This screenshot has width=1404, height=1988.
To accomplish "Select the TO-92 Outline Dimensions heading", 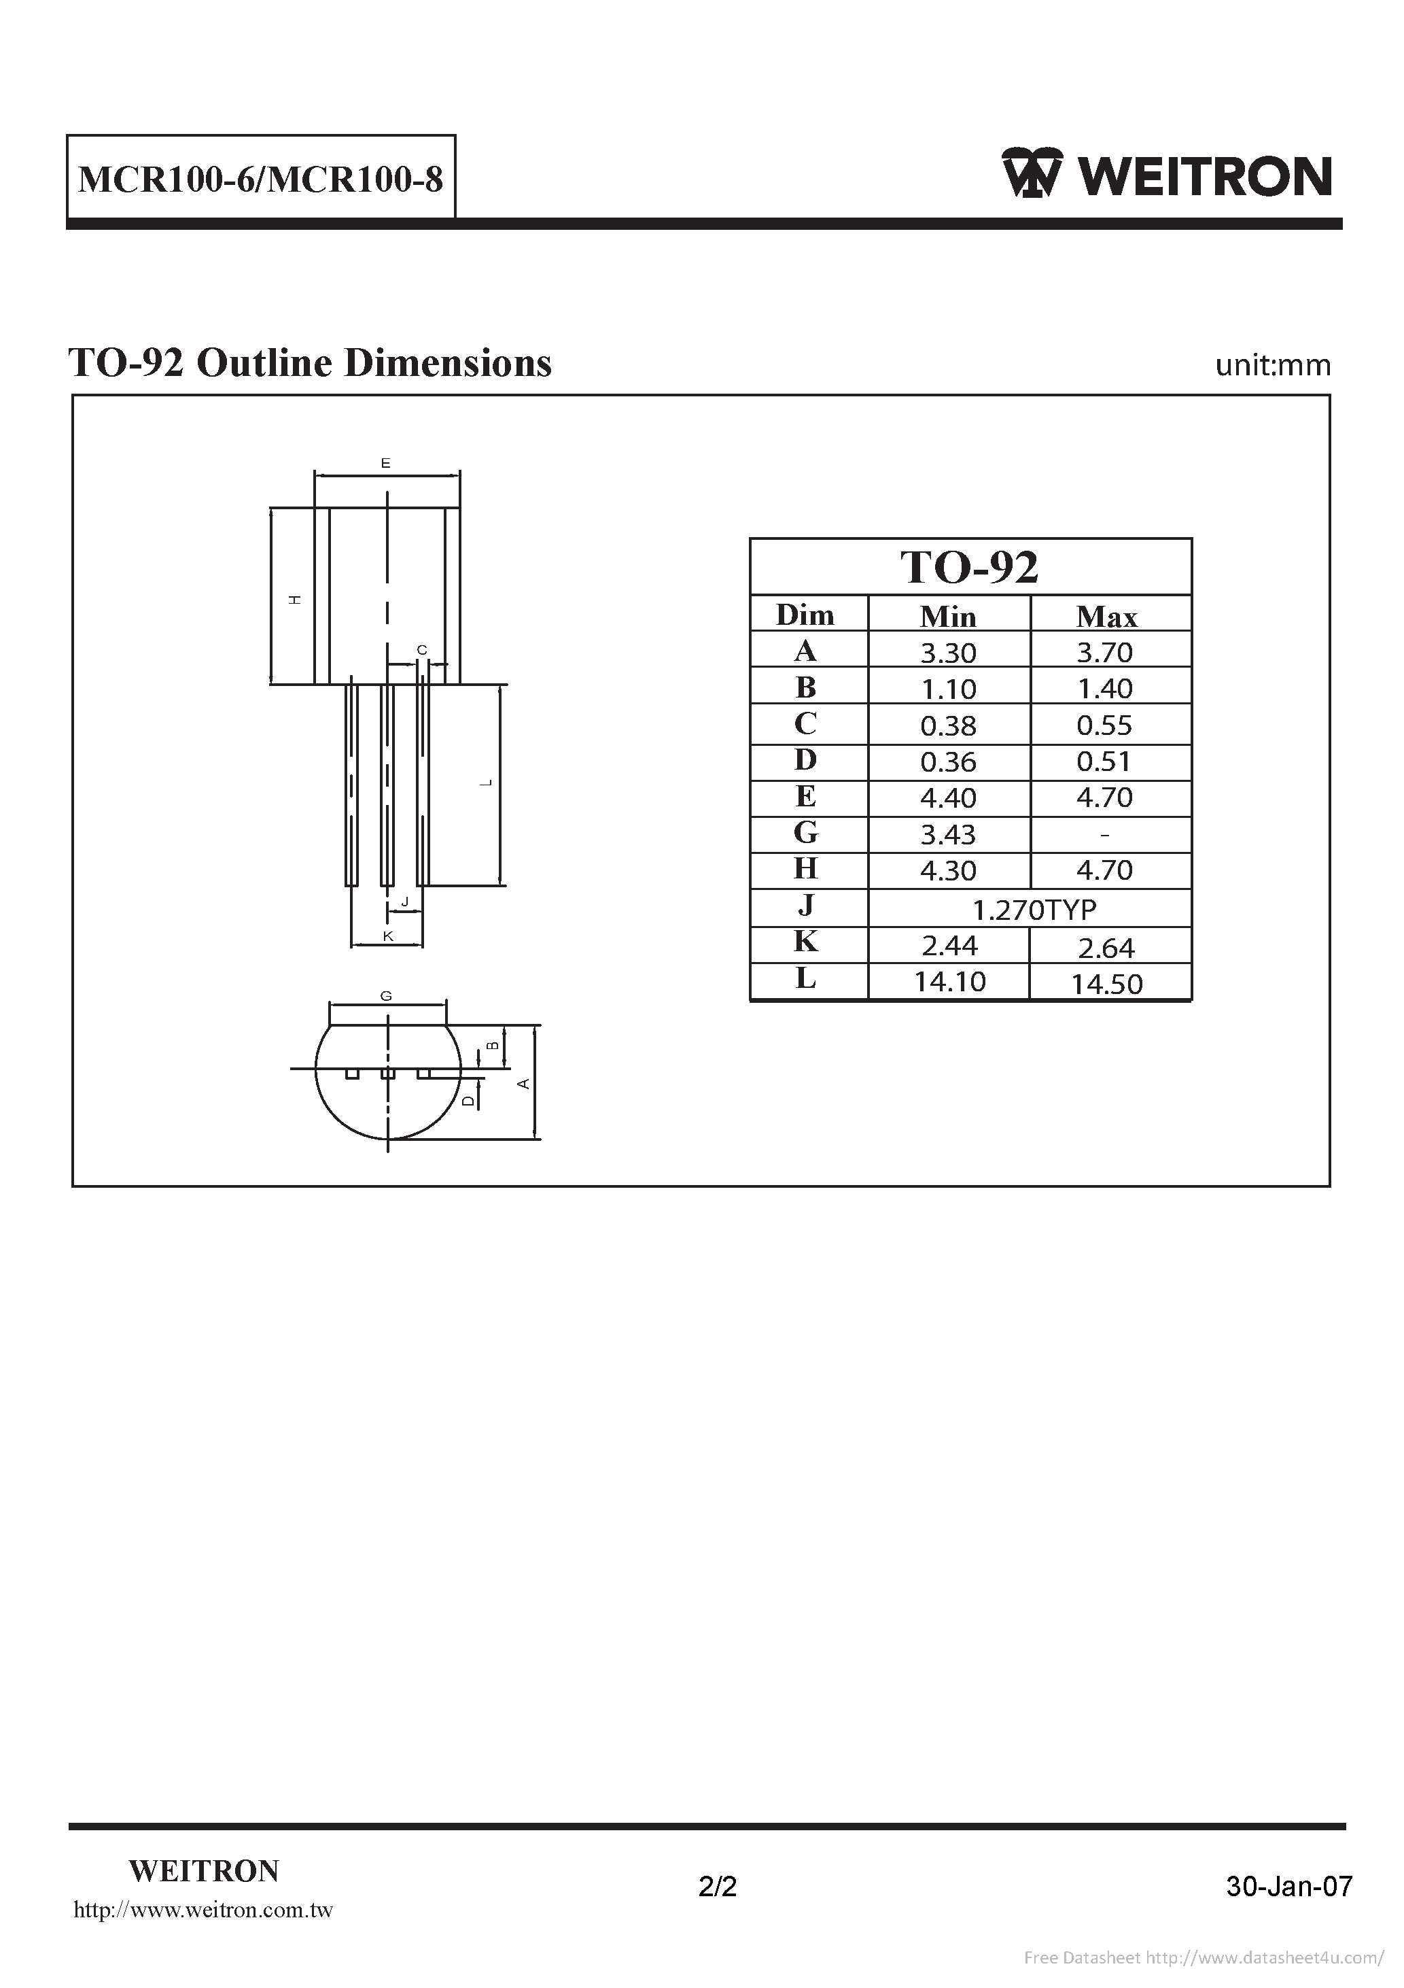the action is pos(310,364).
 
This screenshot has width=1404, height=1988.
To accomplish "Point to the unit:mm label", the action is pos(1272,365).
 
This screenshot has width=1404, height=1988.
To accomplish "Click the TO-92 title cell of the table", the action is pos(970,567).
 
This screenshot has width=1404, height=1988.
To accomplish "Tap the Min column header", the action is pos(948,615).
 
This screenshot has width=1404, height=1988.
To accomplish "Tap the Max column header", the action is pos(1106,615).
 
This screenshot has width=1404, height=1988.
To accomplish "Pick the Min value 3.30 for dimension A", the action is pos(949,652).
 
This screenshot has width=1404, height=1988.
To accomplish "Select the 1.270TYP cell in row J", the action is pos(1034,909).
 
